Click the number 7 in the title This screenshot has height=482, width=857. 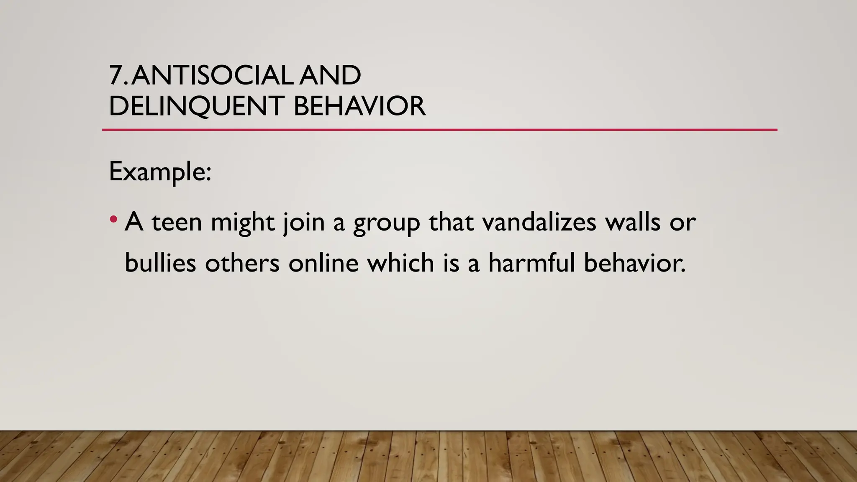point(116,76)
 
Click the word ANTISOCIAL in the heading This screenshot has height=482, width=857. point(212,76)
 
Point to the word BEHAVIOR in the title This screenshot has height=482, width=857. point(359,106)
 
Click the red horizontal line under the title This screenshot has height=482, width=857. point(439,130)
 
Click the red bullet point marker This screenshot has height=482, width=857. point(113,219)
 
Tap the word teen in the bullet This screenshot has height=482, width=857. point(177,222)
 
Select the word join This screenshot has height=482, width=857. point(304,222)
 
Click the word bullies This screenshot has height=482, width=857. point(160,263)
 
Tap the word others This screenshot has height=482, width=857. point(242,263)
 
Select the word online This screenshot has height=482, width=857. point(323,263)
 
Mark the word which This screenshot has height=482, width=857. point(401,263)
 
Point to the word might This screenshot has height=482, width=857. point(243,223)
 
